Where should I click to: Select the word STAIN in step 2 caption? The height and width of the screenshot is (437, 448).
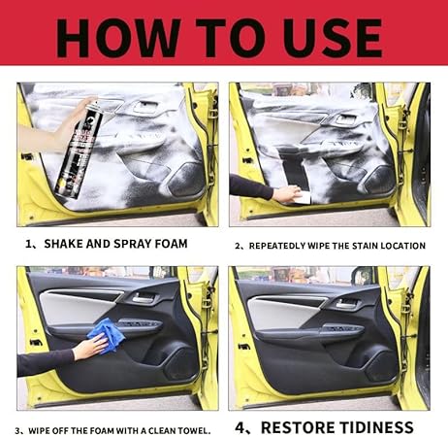click(x=365, y=246)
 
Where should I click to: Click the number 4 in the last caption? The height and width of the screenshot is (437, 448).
click(x=240, y=428)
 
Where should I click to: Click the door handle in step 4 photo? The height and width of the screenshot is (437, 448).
click(x=348, y=304)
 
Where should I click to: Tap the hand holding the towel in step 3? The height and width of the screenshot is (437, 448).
click(x=92, y=347)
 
